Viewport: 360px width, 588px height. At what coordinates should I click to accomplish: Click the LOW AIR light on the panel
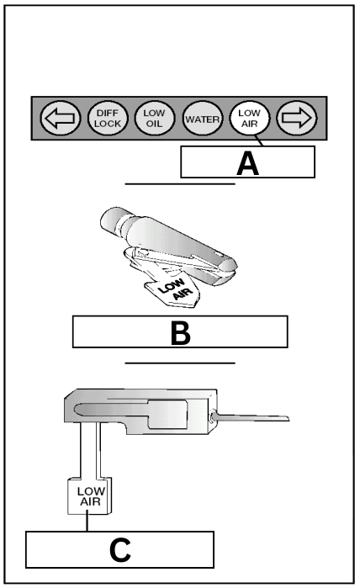pyautogui.click(x=249, y=121)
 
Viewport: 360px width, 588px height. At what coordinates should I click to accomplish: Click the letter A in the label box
pyautogui.click(x=247, y=162)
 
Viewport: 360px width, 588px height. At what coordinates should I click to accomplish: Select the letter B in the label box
pyautogui.click(x=180, y=332)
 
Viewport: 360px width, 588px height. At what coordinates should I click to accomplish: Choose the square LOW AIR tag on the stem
pyautogui.click(x=87, y=495)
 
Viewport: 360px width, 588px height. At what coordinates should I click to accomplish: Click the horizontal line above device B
pyautogui.click(x=179, y=183)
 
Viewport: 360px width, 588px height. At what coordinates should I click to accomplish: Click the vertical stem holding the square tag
pyautogui.click(x=87, y=450)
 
